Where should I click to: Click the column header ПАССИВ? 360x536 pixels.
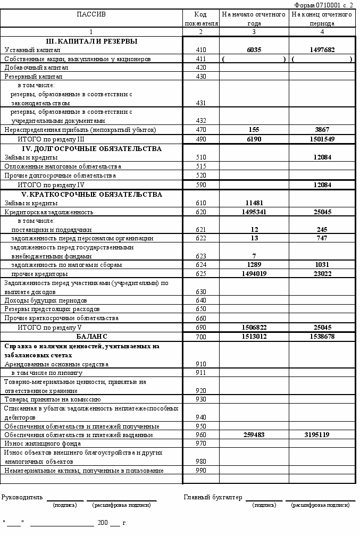point(91,14)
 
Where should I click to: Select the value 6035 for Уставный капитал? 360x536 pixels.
point(254,50)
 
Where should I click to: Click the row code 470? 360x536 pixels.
point(200,130)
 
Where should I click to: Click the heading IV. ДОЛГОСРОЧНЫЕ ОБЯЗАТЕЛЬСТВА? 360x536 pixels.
point(91,149)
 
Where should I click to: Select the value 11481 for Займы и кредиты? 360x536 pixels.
point(254,203)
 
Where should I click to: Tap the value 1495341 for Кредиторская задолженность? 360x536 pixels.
point(254,212)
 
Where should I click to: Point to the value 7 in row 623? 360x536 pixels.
point(254,256)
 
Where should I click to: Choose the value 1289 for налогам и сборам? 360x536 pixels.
point(254,265)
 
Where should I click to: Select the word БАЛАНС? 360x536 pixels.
point(91,337)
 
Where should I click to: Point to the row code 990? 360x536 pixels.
point(200,471)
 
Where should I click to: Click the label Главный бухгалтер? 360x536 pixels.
point(213,497)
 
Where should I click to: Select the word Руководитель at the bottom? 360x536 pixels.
point(22,497)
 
